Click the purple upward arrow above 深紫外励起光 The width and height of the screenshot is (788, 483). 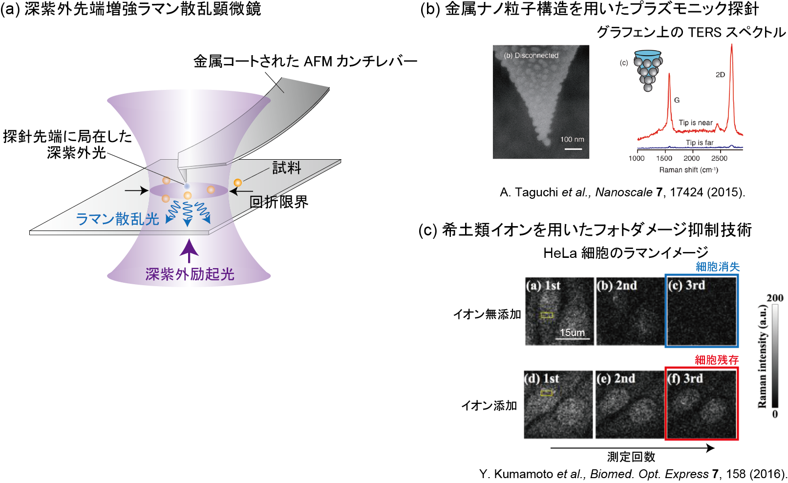[189, 251]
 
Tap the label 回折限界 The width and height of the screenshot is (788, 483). [278, 202]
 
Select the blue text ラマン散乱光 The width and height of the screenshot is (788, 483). [118, 219]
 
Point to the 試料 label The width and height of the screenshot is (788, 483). [287, 168]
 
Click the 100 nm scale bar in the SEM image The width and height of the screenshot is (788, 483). [573, 149]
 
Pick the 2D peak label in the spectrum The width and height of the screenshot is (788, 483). [720, 75]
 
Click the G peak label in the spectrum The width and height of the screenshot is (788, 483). [677, 100]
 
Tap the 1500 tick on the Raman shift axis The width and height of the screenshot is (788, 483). [664, 158]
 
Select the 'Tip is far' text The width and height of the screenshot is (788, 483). [700, 143]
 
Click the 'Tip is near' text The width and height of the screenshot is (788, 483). [696, 123]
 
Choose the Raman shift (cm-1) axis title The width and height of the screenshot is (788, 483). [688, 170]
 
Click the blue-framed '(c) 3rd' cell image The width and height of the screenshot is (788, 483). [702, 311]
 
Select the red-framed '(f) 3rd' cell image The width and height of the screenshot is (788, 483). [702, 403]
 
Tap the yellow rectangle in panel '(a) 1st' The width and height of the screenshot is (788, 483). [547, 315]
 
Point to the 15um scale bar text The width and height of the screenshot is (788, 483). [572, 333]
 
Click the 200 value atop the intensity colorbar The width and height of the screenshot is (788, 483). [775, 298]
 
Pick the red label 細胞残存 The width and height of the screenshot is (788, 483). [717, 359]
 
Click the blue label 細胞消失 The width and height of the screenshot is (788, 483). [718, 267]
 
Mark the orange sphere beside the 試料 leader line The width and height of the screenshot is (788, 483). [238, 183]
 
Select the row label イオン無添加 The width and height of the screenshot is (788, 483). [487, 314]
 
